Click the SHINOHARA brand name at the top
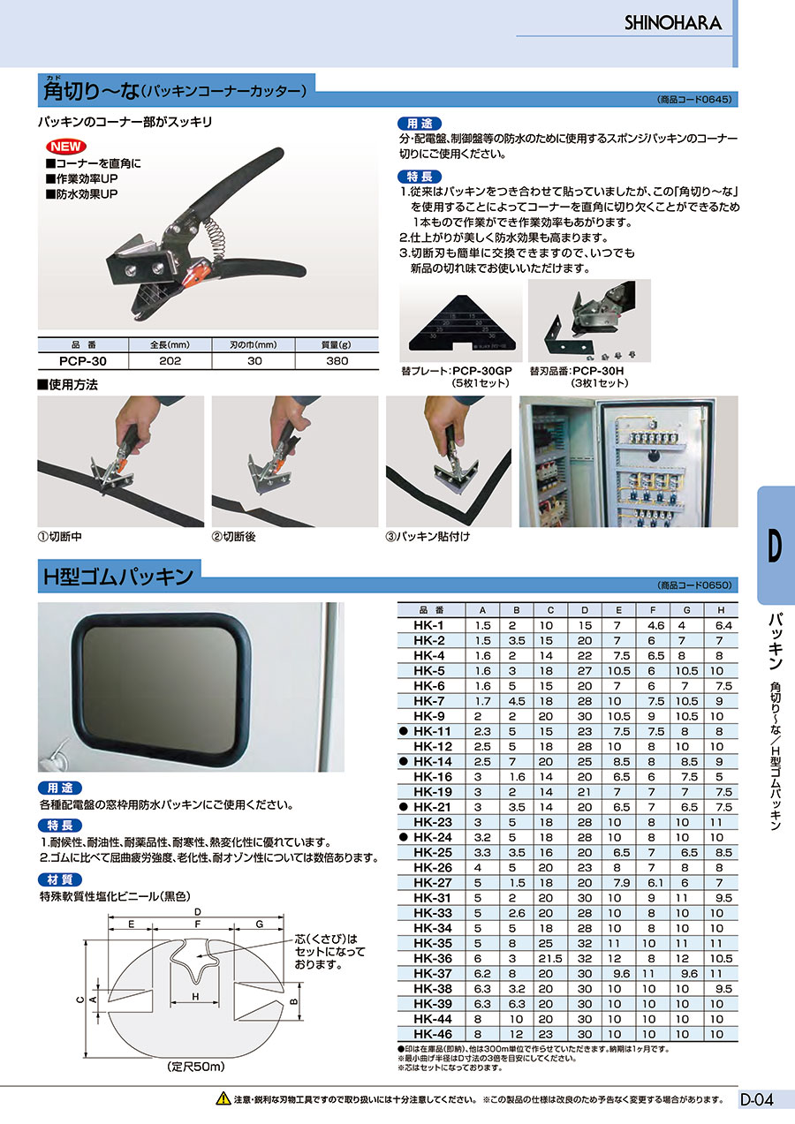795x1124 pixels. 673,23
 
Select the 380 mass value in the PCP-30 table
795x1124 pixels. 337,361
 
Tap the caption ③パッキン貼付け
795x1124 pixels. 428,536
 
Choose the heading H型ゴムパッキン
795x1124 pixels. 118,577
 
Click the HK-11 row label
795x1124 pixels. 432,731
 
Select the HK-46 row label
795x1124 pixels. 432,1034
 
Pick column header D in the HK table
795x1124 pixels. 584,609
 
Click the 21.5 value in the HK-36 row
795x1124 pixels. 550,958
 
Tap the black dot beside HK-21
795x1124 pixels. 404,807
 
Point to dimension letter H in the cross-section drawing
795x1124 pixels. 194,996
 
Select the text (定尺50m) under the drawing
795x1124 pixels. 195,1067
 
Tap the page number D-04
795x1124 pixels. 756,1099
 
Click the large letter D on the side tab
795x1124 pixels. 775,547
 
